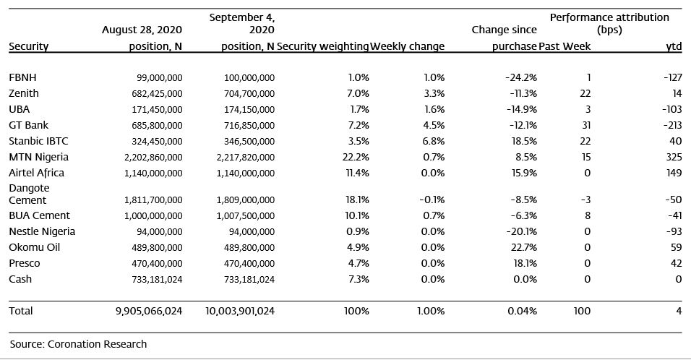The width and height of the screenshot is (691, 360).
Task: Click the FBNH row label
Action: tap(22, 77)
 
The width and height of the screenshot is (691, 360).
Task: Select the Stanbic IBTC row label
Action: tap(38, 141)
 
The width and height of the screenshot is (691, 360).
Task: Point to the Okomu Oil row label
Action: tap(35, 247)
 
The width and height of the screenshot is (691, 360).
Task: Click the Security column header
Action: tap(29, 47)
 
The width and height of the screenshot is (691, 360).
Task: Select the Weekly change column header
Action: tap(407, 46)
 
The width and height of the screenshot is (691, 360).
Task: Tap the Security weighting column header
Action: tap(322, 46)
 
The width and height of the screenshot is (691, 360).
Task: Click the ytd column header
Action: tap(674, 47)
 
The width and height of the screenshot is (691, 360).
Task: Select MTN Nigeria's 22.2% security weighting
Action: tap(356, 157)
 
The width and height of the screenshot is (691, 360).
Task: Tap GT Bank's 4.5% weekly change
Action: tap(434, 125)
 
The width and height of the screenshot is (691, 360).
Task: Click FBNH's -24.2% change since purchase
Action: tap(521, 77)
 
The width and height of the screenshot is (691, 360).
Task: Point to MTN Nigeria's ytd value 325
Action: tap(674, 157)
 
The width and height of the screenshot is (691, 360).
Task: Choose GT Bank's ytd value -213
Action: tap(672, 125)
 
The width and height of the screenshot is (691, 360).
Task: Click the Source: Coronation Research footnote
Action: tap(79, 344)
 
